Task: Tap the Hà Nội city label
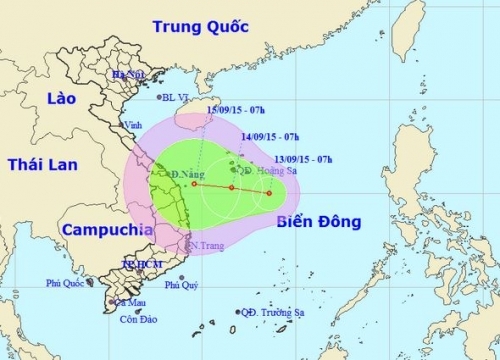click(128, 74)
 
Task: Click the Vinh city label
click(131, 125)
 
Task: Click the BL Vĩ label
click(181, 97)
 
